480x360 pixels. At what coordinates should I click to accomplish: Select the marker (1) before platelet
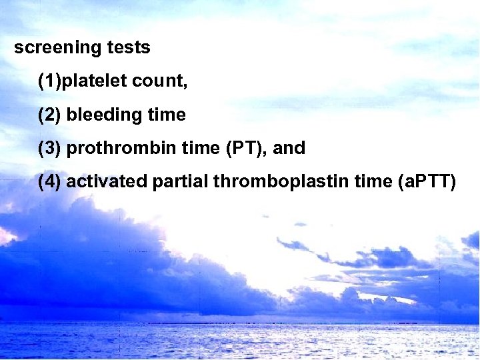tap(50, 81)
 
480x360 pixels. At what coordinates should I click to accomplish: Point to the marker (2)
tap(50, 115)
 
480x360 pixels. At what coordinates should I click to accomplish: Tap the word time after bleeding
tap(167, 115)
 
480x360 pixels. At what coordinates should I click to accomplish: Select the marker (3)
tap(50, 148)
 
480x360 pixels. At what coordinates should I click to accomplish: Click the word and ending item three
tap(289, 148)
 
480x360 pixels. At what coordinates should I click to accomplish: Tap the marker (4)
tap(50, 181)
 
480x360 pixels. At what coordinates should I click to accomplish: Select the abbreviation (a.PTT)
tap(425, 181)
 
